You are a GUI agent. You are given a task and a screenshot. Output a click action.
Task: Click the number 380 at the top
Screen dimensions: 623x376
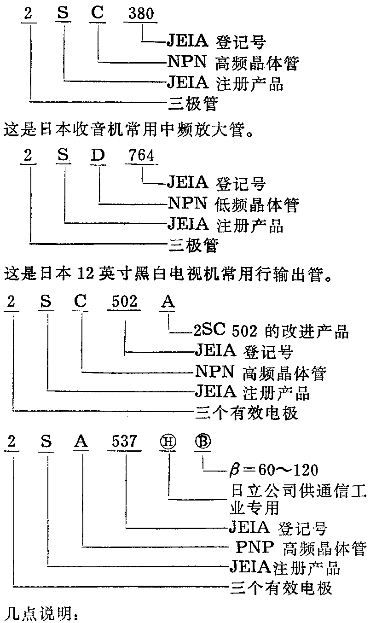(x=141, y=13)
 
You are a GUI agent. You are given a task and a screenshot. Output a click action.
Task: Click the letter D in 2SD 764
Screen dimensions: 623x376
(x=98, y=156)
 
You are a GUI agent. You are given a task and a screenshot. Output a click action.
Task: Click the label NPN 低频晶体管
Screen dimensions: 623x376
(x=233, y=204)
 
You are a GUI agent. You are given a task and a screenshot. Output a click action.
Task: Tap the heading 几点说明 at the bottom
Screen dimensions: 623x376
(x=42, y=613)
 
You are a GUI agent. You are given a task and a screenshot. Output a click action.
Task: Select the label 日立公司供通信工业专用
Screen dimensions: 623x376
(x=297, y=499)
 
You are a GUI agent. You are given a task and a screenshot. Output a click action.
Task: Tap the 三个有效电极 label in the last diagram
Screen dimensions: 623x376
(x=281, y=588)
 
